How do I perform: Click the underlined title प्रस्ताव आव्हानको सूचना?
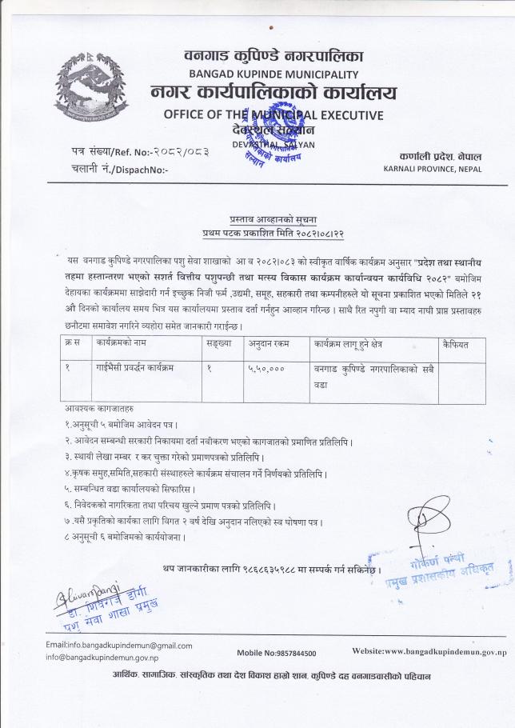[x=257, y=218]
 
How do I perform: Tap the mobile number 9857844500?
[x=289, y=653]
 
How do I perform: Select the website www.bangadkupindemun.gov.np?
[x=429, y=652]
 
